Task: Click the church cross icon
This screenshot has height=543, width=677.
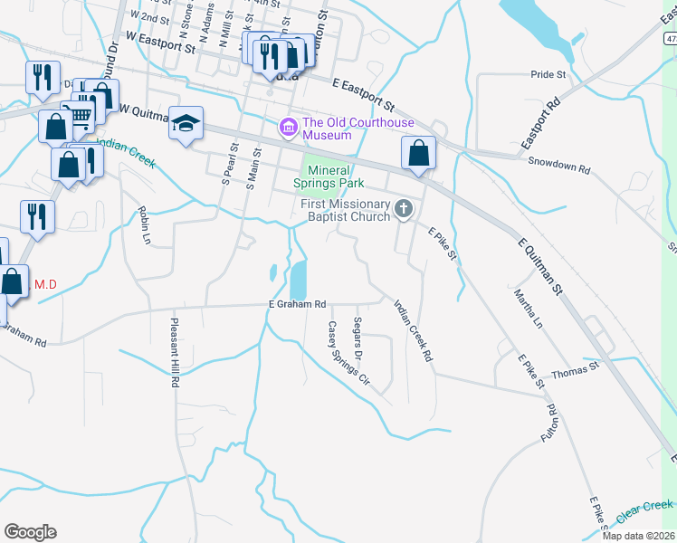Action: click(404, 211)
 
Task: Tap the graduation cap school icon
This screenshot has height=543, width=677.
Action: click(185, 125)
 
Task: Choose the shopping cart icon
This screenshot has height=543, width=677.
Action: click(79, 116)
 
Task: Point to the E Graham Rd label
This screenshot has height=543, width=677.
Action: click(296, 305)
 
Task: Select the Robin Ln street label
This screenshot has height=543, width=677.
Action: click(143, 225)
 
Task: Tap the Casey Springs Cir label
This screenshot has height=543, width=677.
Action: click(348, 353)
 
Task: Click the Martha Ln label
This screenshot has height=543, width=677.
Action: click(528, 309)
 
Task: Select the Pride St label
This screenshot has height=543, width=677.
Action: click(548, 74)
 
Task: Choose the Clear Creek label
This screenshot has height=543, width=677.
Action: click(644, 511)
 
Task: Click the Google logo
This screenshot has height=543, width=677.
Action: click(30, 532)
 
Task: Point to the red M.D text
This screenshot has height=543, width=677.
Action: click(45, 285)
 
